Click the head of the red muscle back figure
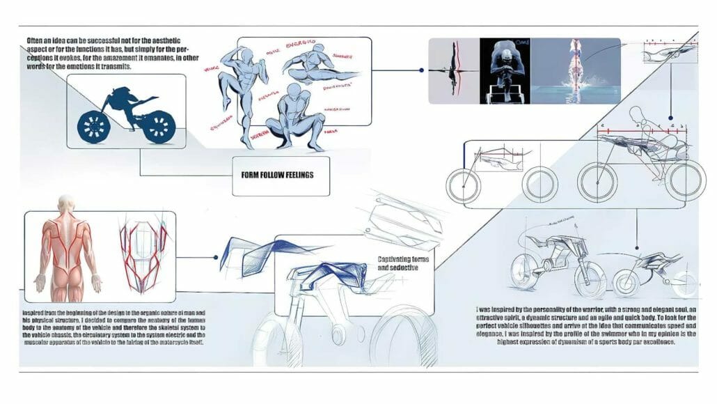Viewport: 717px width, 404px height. (x=66, y=203)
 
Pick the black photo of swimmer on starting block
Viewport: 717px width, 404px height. (x=508, y=70)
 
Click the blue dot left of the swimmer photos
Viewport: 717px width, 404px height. (x=422, y=70)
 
